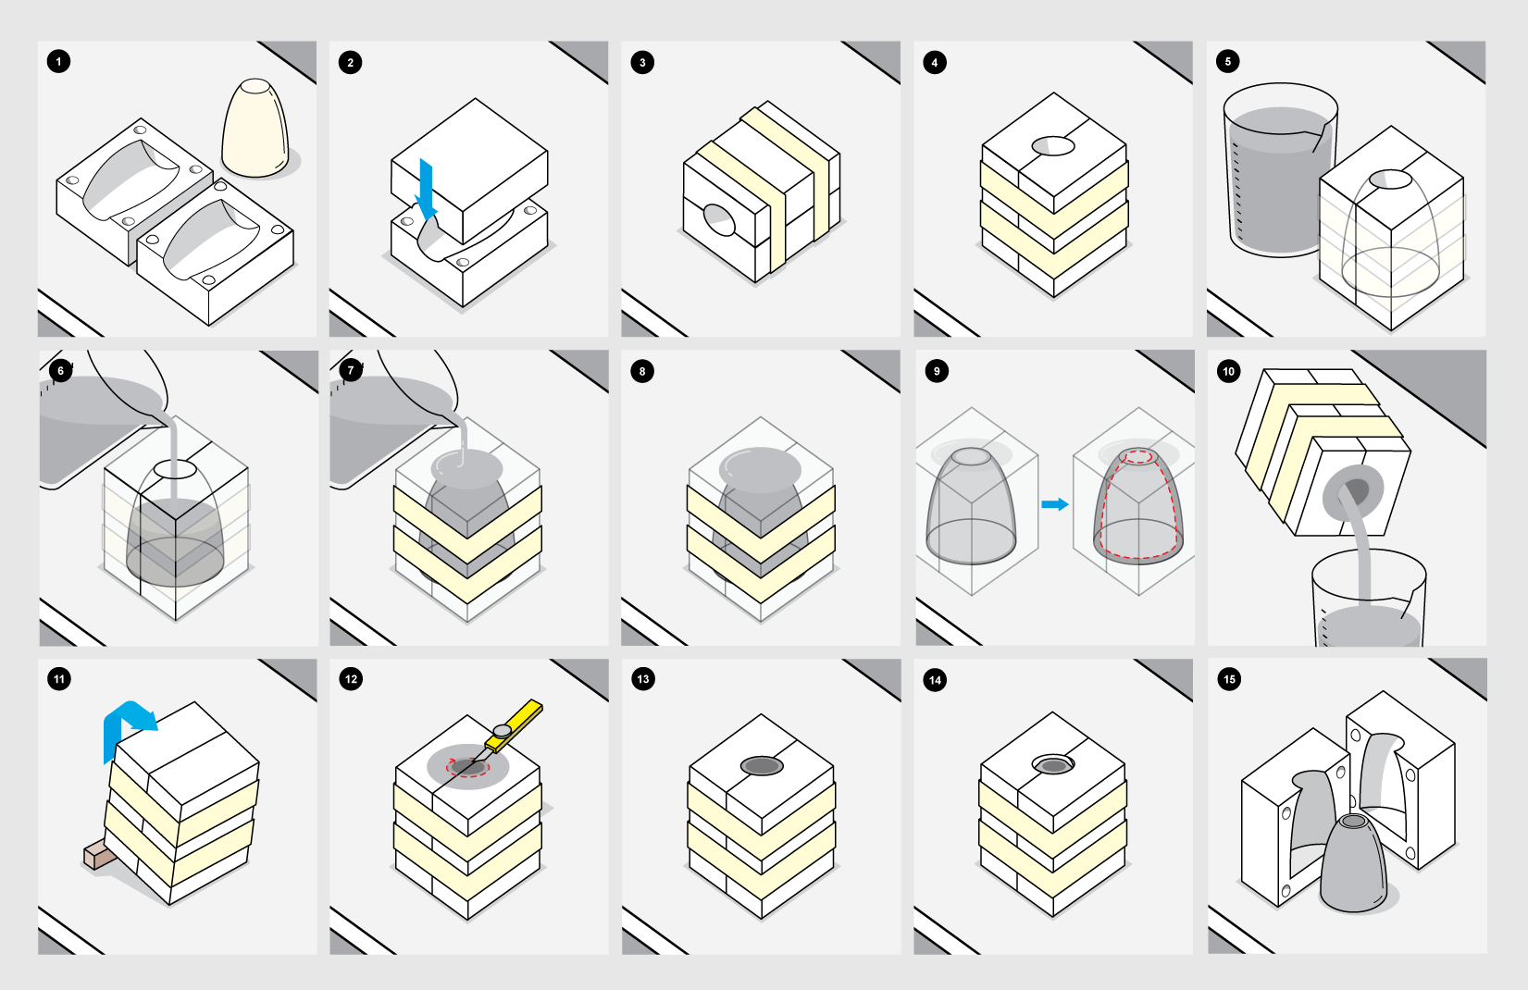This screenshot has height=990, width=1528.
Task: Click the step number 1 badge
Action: pyautogui.click(x=58, y=61)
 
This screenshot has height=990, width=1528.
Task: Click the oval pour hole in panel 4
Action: pyautogui.click(x=1053, y=145)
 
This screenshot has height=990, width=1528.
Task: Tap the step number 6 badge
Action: pyautogui.click(x=61, y=371)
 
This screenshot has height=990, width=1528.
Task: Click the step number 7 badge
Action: pyautogui.click(x=351, y=371)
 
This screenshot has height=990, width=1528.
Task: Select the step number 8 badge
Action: pyautogui.click(x=642, y=372)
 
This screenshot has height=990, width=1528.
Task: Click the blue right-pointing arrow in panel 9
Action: pyautogui.click(x=1054, y=504)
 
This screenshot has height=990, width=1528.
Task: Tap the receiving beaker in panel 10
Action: pyautogui.click(x=1369, y=600)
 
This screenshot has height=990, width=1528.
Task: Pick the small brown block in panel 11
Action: pyautogui.click(x=100, y=854)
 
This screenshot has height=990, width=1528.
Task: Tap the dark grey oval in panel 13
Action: pyautogui.click(x=762, y=766)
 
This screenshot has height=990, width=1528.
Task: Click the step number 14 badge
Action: pyautogui.click(x=935, y=680)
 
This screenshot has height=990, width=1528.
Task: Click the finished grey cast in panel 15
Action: pyautogui.click(x=1354, y=862)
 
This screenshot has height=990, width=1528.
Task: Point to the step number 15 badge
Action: pyautogui.click(x=1229, y=679)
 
